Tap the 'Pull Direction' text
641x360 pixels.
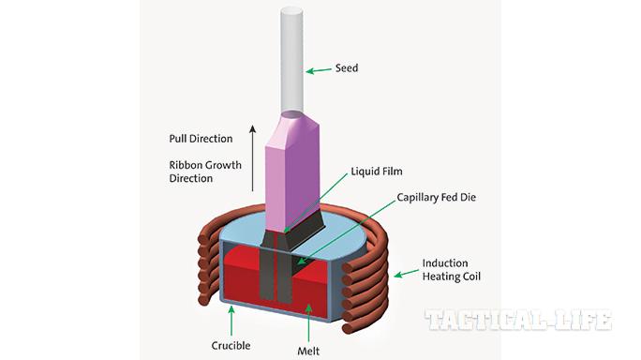[x=201, y=139]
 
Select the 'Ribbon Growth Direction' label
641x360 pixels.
[x=205, y=172]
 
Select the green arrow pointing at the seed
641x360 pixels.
[x=321, y=68]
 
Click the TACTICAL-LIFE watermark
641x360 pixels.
[x=518, y=320]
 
